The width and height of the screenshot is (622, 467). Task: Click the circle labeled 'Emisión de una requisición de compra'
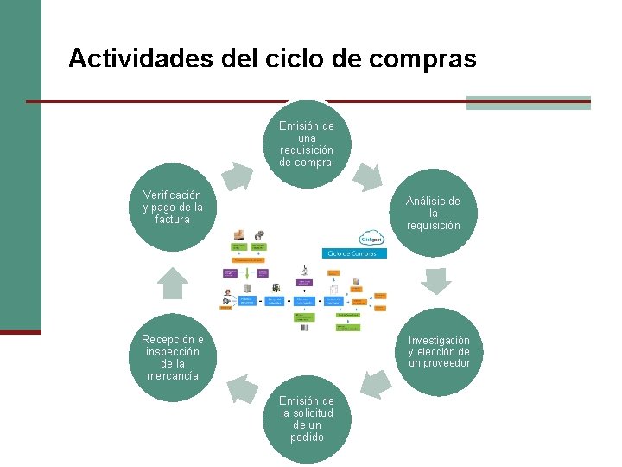(307, 144)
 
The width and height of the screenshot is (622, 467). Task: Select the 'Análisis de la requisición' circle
(433, 213)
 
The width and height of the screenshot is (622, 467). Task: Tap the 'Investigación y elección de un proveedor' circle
(439, 351)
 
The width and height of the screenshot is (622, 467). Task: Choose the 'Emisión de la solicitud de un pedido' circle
(307, 419)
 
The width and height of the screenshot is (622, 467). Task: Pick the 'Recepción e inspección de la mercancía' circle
(173, 356)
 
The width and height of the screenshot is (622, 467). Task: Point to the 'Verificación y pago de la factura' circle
(173, 208)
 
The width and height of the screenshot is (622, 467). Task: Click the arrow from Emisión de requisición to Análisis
(369, 176)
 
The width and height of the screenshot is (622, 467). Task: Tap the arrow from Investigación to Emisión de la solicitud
(375, 383)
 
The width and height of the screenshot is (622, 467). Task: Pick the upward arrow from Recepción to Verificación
(174, 281)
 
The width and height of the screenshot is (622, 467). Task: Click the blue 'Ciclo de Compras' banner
(355, 253)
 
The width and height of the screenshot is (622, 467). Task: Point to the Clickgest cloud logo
(372, 238)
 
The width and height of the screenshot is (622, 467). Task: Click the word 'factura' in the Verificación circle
(173, 220)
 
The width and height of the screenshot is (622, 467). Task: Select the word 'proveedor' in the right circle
(439, 363)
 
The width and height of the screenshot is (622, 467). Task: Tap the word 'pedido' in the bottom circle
(307, 438)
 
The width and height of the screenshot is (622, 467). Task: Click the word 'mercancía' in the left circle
(173, 375)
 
